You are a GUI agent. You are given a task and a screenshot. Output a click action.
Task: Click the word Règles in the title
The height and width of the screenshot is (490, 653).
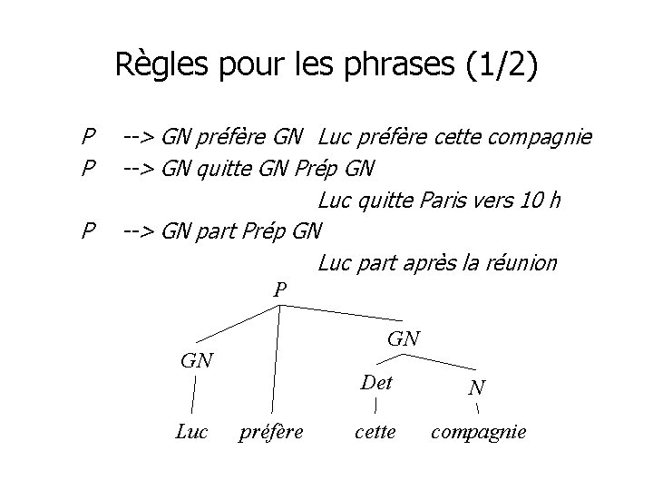coord(155,66)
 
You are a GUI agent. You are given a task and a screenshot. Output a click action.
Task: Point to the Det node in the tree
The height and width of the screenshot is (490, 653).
coord(375,382)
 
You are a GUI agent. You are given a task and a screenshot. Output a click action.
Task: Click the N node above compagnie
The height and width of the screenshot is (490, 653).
coord(477,387)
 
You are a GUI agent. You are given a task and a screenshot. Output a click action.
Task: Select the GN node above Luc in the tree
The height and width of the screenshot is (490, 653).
coord(197,359)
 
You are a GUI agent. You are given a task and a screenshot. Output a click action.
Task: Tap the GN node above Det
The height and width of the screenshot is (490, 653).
coord(404,338)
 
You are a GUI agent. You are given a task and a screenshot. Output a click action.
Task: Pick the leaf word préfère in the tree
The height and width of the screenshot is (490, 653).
coord(270,432)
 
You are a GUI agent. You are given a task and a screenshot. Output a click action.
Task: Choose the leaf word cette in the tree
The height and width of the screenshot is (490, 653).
coord(375,432)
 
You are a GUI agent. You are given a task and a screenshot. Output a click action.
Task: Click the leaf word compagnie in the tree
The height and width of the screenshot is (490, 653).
coord(478,432)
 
